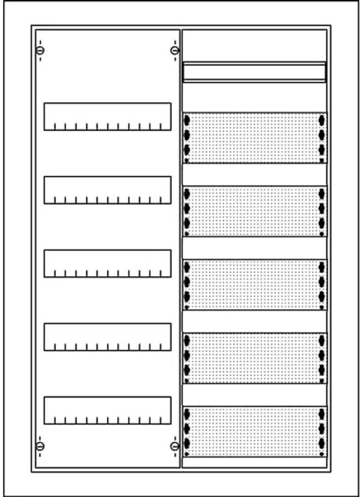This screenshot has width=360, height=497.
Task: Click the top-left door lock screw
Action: (x=40, y=50)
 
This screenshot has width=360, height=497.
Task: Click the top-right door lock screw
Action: (x=175, y=50)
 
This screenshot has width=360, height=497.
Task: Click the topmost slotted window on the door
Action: (x=107, y=116)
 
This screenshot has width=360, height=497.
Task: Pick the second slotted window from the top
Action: (x=107, y=190)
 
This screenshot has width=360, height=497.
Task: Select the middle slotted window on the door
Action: (x=107, y=264)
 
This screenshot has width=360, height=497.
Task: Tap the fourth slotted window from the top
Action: (x=107, y=337)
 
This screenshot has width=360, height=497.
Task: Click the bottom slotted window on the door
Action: (x=107, y=411)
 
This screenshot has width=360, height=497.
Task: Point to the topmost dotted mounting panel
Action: (x=254, y=138)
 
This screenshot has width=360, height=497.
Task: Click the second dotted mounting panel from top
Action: (x=254, y=211)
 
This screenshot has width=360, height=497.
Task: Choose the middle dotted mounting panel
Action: (x=254, y=284)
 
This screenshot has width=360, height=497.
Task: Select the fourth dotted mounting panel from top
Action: (x=254, y=358)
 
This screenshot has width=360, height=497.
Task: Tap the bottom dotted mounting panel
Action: (x=254, y=431)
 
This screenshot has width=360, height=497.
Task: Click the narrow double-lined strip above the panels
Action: (x=254, y=72)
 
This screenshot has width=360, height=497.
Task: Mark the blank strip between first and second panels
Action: (x=254, y=175)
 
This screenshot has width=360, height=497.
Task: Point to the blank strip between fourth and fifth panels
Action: (x=254, y=395)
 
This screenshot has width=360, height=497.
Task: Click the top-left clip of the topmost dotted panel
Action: (x=187, y=120)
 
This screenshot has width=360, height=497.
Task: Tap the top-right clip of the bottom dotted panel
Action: (x=321, y=414)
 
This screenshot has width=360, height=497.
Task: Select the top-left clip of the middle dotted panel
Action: (x=187, y=267)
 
